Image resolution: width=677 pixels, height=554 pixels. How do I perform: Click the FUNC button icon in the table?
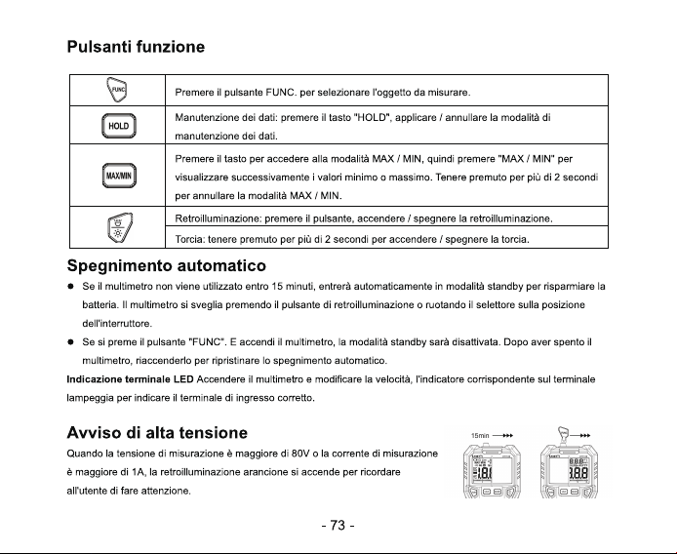(117, 90)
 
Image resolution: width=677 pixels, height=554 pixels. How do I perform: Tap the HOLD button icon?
(119, 126)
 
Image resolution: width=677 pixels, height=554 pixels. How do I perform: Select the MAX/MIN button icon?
(119, 176)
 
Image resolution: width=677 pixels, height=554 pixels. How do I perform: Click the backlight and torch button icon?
(120, 228)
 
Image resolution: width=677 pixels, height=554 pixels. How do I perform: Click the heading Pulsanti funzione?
(136, 47)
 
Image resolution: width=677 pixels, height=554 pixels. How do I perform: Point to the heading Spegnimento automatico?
(167, 265)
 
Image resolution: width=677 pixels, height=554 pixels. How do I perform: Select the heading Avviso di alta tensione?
(157, 433)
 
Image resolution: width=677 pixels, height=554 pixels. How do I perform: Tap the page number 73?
(338, 526)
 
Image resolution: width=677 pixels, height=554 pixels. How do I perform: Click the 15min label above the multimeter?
(480, 436)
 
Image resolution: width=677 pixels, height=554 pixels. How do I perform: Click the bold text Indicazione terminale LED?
(130, 379)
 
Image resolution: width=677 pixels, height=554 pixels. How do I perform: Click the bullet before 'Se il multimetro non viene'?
(70, 287)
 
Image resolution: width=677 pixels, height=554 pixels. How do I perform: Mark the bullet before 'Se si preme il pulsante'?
(70, 342)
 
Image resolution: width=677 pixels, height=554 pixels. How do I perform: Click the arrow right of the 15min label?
(502, 436)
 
